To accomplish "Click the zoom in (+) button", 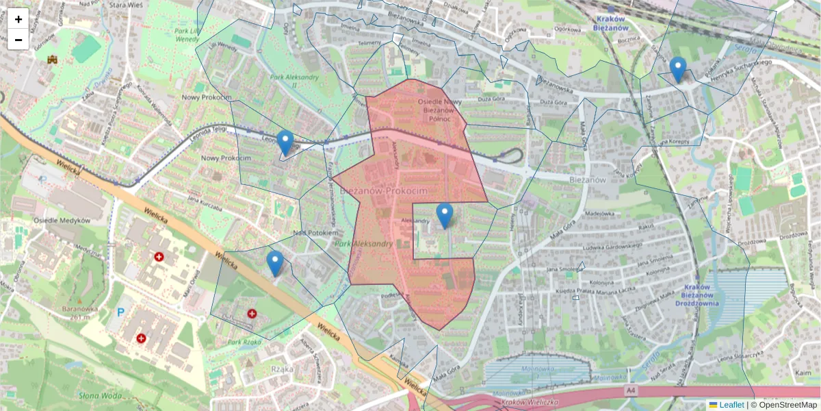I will tap(18, 19).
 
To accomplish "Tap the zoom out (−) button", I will tap(18, 40).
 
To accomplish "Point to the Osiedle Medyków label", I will tap(62, 221).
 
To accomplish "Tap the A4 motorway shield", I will tap(631, 390).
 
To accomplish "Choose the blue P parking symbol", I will tap(121, 312).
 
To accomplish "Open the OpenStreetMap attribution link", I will tap(788, 405).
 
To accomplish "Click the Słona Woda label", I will tap(100, 395).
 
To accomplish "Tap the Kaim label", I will tap(803, 372).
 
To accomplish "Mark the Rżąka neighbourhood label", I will tap(283, 369).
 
